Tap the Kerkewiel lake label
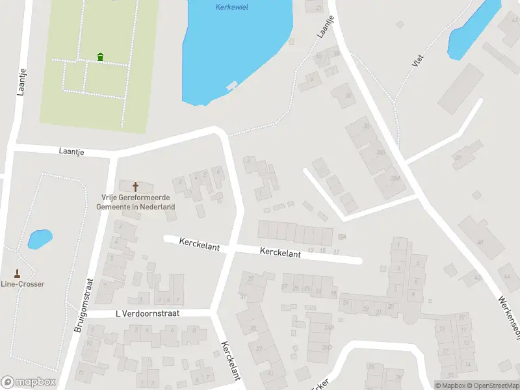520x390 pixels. pos(231,7)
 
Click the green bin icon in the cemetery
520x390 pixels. pos(100,57)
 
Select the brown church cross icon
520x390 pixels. pos(135,187)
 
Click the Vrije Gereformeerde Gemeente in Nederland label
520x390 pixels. pos(135,202)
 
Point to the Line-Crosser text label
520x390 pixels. pos(18,283)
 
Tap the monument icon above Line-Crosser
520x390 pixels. pos(18,273)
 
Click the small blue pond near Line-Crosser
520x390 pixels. pos(40,239)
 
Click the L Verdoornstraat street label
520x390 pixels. pos(147,313)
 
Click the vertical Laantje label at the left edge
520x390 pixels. pos(21,81)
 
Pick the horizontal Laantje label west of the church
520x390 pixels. pos(72,151)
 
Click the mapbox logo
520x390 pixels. pos(28,382)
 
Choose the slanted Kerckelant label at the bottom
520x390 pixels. pos(231,361)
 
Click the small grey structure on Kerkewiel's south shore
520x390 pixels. pos(231,85)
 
